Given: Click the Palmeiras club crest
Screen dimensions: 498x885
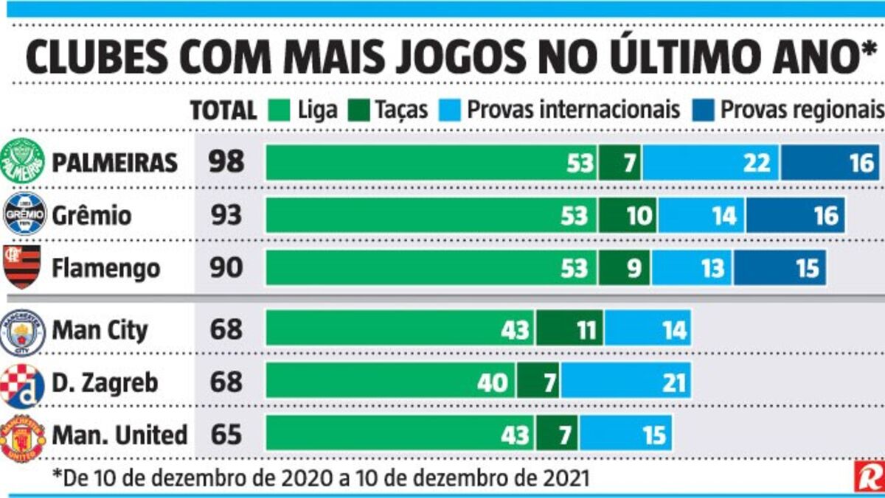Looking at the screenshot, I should click(22, 161).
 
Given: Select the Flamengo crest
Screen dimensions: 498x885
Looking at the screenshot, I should click(23, 267).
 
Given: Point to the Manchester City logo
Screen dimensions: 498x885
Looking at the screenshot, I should click(22, 332).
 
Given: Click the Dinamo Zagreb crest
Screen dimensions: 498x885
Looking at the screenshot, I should click(21, 385).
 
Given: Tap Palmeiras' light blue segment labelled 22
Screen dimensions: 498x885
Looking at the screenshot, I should click(711, 162).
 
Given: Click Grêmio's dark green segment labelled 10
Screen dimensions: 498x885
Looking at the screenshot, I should click(628, 216).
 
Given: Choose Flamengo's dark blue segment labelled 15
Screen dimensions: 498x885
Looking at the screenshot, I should click(780, 267).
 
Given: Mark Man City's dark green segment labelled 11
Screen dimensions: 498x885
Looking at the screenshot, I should click(569, 329).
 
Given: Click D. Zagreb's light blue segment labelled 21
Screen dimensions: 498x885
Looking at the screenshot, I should click(625, 382).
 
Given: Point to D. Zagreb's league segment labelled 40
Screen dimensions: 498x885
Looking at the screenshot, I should click(391, 382).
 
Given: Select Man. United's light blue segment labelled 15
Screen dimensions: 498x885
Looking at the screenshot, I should click(625, 435).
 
